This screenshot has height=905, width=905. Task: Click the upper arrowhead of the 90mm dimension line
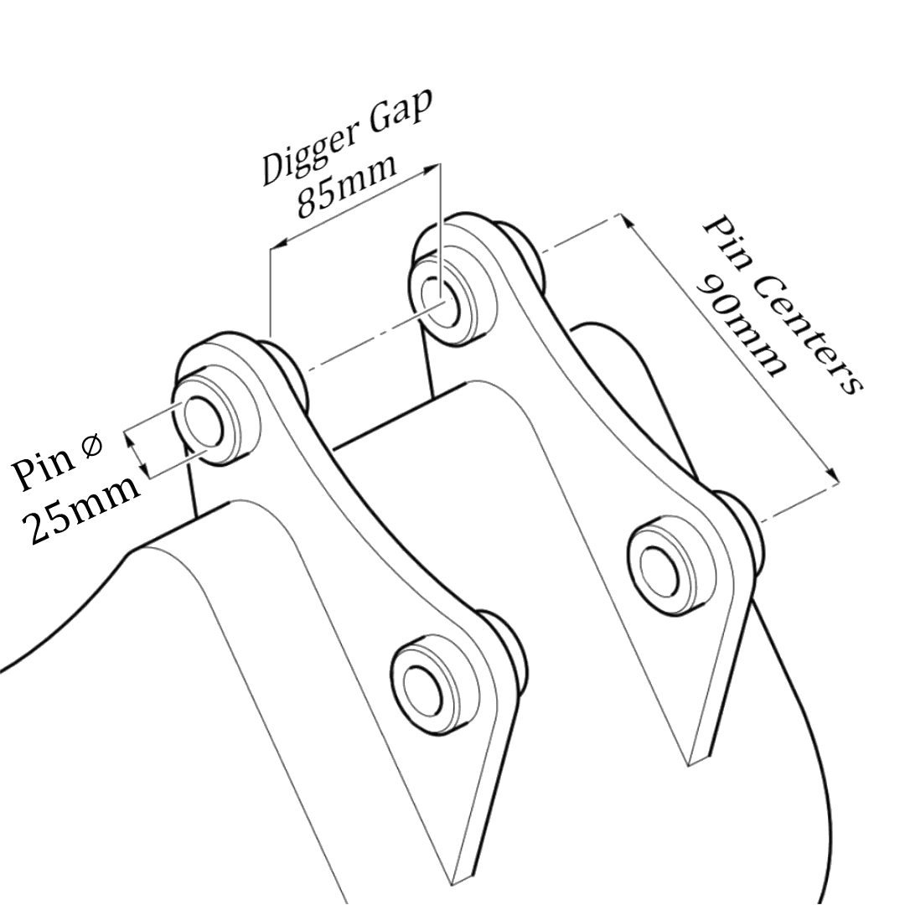[627, 219]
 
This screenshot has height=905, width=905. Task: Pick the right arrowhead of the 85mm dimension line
[432, 168]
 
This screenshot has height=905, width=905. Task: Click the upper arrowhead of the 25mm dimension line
[128, 434]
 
